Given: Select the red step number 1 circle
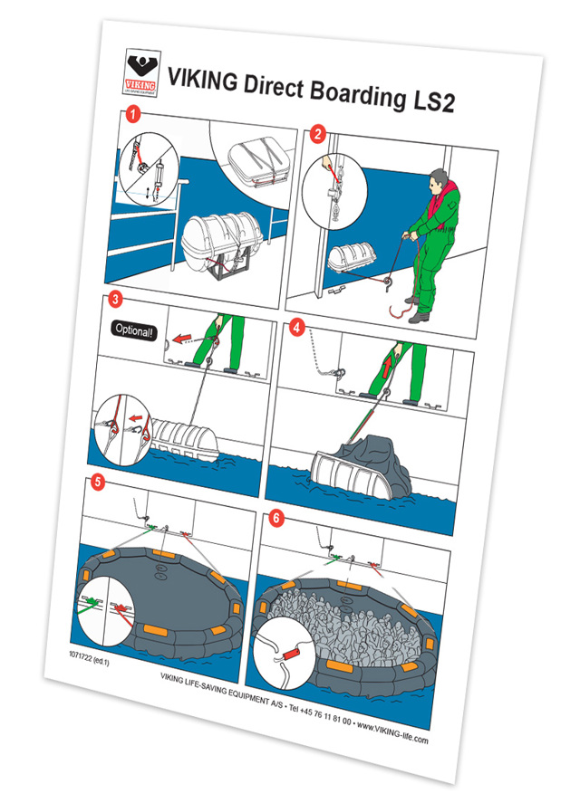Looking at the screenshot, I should tap(133, 115).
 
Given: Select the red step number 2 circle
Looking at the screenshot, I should tap(317, 135).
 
